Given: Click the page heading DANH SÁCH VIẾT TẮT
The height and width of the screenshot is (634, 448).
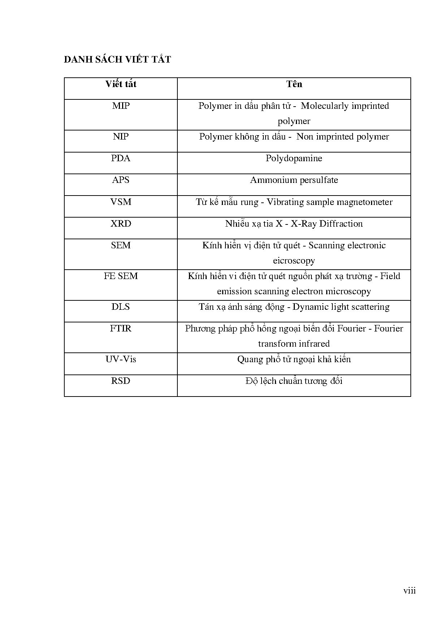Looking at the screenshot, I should click(117, 60).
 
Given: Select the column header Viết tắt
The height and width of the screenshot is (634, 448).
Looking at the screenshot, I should click(121, 84).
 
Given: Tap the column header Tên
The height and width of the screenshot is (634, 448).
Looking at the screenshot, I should click(294, 84).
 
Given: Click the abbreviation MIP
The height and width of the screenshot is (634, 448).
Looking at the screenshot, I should click(121, 106).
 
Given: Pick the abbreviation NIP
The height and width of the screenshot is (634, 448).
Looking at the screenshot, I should click(121, 137).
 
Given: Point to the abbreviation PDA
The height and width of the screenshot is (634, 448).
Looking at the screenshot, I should click(121, 158).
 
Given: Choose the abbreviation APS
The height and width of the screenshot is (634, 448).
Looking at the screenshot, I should click(121, 180).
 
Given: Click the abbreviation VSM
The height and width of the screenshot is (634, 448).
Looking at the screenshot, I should click(121, 202).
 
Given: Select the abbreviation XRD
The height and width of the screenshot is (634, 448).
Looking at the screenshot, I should click(121, 224).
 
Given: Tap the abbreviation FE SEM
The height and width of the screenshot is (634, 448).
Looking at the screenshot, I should click(121, 276).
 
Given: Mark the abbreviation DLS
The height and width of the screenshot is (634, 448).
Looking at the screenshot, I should click(121, 307).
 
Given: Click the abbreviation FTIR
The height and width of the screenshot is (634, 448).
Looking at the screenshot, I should click(121, 329).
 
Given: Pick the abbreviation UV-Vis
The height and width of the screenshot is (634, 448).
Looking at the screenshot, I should click(121, 359).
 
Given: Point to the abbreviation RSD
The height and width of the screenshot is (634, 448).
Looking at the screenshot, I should click(121, 381).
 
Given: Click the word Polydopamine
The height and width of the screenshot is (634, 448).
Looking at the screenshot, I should click(294, 159).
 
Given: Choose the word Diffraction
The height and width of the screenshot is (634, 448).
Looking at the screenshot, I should click(341, 224).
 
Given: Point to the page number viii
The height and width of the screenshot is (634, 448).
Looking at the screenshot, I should click(410, 591).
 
